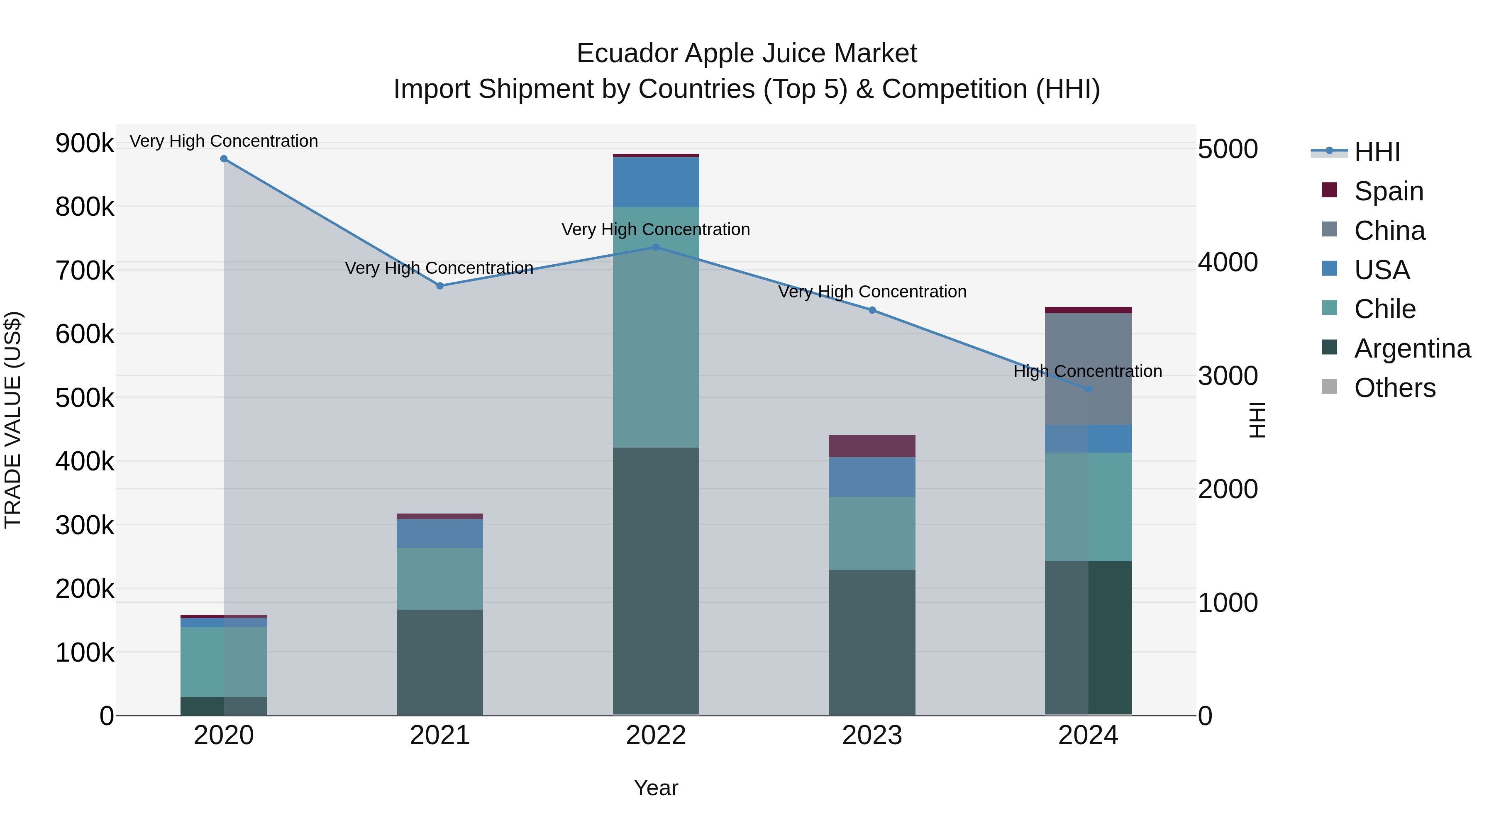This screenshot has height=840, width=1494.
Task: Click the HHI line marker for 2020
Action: pyautogui.click(x=224, y=159)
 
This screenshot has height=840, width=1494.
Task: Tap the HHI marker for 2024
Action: pyautogui.click(x=1088, y=390)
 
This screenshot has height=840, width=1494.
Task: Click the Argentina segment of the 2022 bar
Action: pyautogui.click(x=656, y=580)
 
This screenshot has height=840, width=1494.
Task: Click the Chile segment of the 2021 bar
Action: pyautogui.click(x=439, y=579)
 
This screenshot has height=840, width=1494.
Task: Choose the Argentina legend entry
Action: pyautogui.click(x=1412, y=348)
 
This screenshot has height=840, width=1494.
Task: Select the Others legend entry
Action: pyautogui.click(x=1394, y=388)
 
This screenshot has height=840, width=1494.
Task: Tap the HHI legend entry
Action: pyautogui.click(x=1377, y=152)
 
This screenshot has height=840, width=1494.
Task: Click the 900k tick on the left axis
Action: pyautogui.click(x=85, y=143)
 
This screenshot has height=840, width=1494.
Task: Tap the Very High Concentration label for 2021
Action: pyautogui.click(x=439, y=268)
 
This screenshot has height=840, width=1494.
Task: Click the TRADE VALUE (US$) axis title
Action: pyautogui.click(x=13, y=420)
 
